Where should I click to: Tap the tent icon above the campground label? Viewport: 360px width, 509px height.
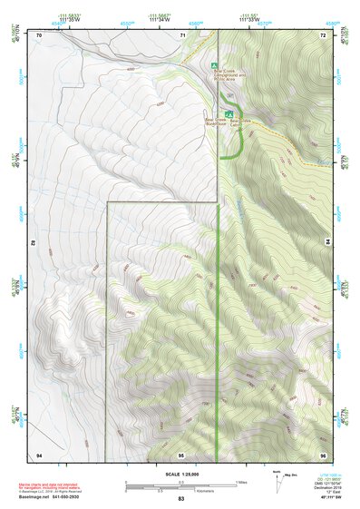pos(214,65)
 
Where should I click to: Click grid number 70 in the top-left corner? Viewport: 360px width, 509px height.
pos(40,34)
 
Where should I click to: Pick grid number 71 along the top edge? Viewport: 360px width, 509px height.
pos(182,34)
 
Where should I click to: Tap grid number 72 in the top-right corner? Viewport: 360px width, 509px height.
pos(322,34)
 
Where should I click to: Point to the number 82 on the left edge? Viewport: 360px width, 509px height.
pos(34,243)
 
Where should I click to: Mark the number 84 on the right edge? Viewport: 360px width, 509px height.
pos(327,243)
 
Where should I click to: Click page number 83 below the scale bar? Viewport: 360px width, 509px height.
pos(180,499)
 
